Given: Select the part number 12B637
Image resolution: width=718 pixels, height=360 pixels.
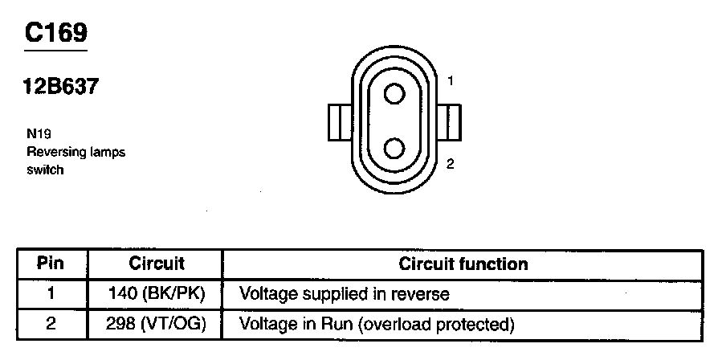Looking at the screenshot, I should tap(61, 88).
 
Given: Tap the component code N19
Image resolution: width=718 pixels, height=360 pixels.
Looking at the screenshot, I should tap(38, 137).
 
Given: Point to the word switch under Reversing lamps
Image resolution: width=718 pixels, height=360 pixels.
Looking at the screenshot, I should tap(44, 170).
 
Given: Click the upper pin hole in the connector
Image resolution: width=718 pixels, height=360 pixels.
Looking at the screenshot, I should tap(394, 95).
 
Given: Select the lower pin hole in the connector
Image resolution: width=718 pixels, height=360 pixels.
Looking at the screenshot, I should tap(394, 148).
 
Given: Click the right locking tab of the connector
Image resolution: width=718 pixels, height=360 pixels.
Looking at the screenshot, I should tap(451, 121).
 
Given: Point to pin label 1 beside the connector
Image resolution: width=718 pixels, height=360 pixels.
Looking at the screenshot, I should tap(451, 80).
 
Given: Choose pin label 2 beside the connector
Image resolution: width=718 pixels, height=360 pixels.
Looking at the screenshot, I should tap(451, 164).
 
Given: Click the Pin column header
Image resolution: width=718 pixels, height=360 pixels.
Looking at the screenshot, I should tap(51, 264).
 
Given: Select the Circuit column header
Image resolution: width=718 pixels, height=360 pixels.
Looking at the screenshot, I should tap(157, 264).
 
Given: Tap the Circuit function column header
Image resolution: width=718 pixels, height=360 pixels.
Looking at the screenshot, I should tap(463, 264).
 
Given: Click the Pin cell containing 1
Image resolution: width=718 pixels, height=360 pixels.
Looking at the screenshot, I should tap(51, 294).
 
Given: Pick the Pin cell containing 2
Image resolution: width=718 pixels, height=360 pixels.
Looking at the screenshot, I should tap(51, 325).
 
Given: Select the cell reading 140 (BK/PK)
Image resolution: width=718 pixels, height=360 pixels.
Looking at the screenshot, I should tap(157, 294).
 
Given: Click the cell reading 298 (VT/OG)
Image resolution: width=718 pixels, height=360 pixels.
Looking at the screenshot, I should tap(157, 325).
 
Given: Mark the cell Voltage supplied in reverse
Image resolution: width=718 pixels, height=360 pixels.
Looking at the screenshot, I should tap(345, 294).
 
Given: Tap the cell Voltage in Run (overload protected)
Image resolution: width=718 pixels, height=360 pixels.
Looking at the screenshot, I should tap(376, 325).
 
